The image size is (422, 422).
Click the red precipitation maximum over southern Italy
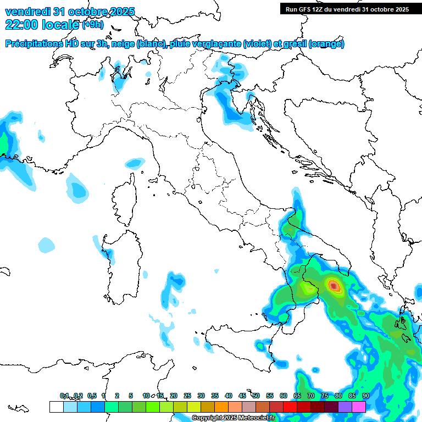pyautogui.click(x=334, y=285)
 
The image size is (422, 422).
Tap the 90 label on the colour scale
pyautogui.click(x=365, y=396)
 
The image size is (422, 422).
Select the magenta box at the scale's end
pyautogui.click(x=359, y=407)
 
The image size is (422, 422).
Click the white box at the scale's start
pyautogui.click(x=56, y=407)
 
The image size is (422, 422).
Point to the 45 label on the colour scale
pyautogui.click(x=242, y=396)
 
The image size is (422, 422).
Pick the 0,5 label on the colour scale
pyautogui.click(x=92, y=396)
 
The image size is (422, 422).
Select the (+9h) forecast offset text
pyautogui.click(x=92, y=25)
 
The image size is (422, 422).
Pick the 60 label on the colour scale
pyautogui.click(x=284, y=396)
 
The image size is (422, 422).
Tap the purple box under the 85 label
pyautogui.click(x=345, y=407)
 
